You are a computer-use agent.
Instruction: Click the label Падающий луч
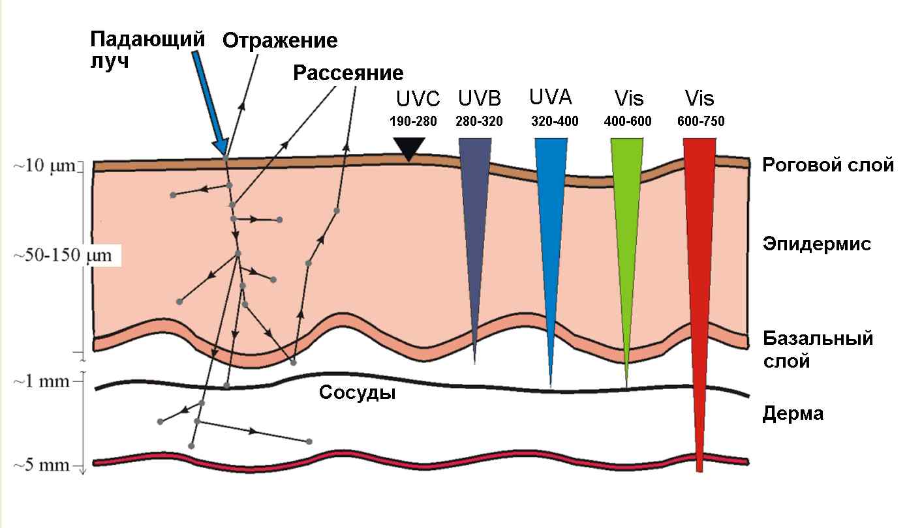pos(147,50)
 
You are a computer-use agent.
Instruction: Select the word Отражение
pos(280,40)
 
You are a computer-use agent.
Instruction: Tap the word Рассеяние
pos(348,72)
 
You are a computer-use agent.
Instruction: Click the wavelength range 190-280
pos(413,121)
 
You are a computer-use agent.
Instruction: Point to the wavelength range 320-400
pos(555,121)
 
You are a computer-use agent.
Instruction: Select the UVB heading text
pos(479,99)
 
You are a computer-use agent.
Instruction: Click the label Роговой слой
pos(827,165)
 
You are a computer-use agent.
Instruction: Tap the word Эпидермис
pos(816,244)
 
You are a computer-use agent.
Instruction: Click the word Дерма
pos(792,413)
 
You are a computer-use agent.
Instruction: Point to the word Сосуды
pos(357,393)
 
